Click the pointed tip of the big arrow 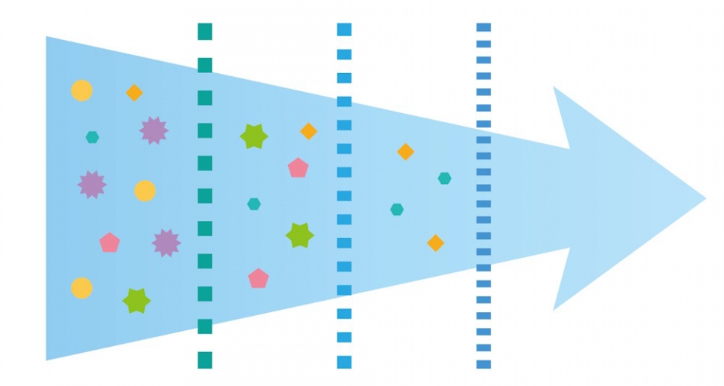click(x=704, y=199)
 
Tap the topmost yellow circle click(x=81, y=90)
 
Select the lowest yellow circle click(x=81, y=288)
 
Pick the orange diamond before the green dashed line click(x=134, y=93)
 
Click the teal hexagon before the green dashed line click(x=92, y=137)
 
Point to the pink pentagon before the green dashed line click(x=109, y=243)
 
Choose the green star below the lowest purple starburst click(x=137, y=301)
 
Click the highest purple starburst click(x=154, y=130)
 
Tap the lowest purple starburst click(x=166, y=243)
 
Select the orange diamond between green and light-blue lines click(x=308, y=131)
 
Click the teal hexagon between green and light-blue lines click(x=254, y=204)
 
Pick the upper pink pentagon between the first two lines click(x=298, y=168)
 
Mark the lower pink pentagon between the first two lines click(x=259, y=279)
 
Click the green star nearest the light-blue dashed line click(x=299, y=235)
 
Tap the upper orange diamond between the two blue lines click(x=406, y=152)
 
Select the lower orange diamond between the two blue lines click(x=435, y=243)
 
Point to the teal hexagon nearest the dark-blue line click(x=445, y=179)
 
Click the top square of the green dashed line click(x=204, y=32)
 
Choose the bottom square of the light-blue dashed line click(x=345, y=361)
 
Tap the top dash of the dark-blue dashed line click(x=483, y=27)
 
